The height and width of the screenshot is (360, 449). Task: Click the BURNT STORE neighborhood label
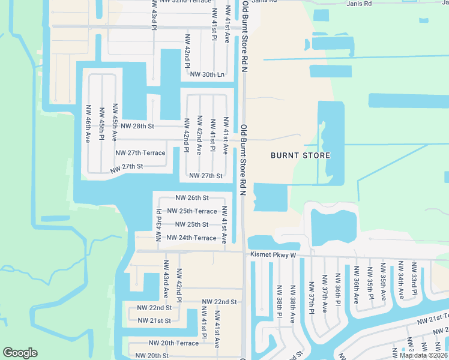pos(300,155)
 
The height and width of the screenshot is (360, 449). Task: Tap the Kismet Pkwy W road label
pos(274,255)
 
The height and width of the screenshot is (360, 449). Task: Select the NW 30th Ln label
pos(206,74)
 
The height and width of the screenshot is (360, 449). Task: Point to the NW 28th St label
pos(137,127)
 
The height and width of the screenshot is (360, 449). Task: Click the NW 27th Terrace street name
pos(140,153)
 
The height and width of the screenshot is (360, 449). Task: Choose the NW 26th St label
pos(191,197)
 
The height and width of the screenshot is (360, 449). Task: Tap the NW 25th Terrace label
pos(191,211)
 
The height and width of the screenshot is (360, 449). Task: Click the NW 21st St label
pos(154,320)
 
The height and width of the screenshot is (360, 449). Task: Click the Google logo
pos(20,352)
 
